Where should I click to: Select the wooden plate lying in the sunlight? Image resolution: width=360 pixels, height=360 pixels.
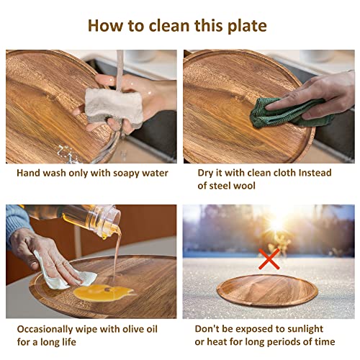click(266, 289)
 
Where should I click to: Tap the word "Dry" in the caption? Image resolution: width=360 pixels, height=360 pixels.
click(208, 174)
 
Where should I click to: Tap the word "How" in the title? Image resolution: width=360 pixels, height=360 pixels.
click(105, 26)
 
